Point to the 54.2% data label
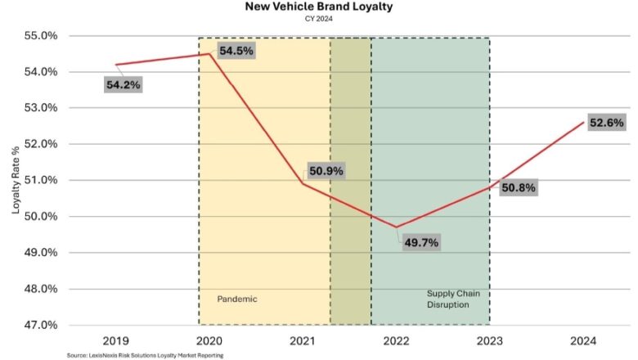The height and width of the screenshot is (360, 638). tap(123, 84)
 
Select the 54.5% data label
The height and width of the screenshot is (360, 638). tap(236, 51)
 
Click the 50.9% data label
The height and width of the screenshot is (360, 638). tap(326, 172)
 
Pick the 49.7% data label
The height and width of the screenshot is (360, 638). tap(421, 243)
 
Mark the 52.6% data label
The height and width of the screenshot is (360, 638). tap(606, 123)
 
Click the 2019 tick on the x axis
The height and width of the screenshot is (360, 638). tap(116, 340)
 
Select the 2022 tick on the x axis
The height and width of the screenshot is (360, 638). tap(397, 340)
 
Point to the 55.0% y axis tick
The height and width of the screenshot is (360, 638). tap(39, 36)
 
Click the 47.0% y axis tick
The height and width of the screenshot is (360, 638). tap(39, 325)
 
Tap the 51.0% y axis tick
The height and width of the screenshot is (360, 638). tap(39, 180)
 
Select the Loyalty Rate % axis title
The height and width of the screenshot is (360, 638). tap(14, 181)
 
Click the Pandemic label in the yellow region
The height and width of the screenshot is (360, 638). tap(237, 299)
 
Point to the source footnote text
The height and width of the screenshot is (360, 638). tap(145, 355)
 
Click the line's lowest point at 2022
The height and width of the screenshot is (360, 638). tap(397, 227)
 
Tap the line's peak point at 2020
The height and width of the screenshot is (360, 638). tap(210, 54)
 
